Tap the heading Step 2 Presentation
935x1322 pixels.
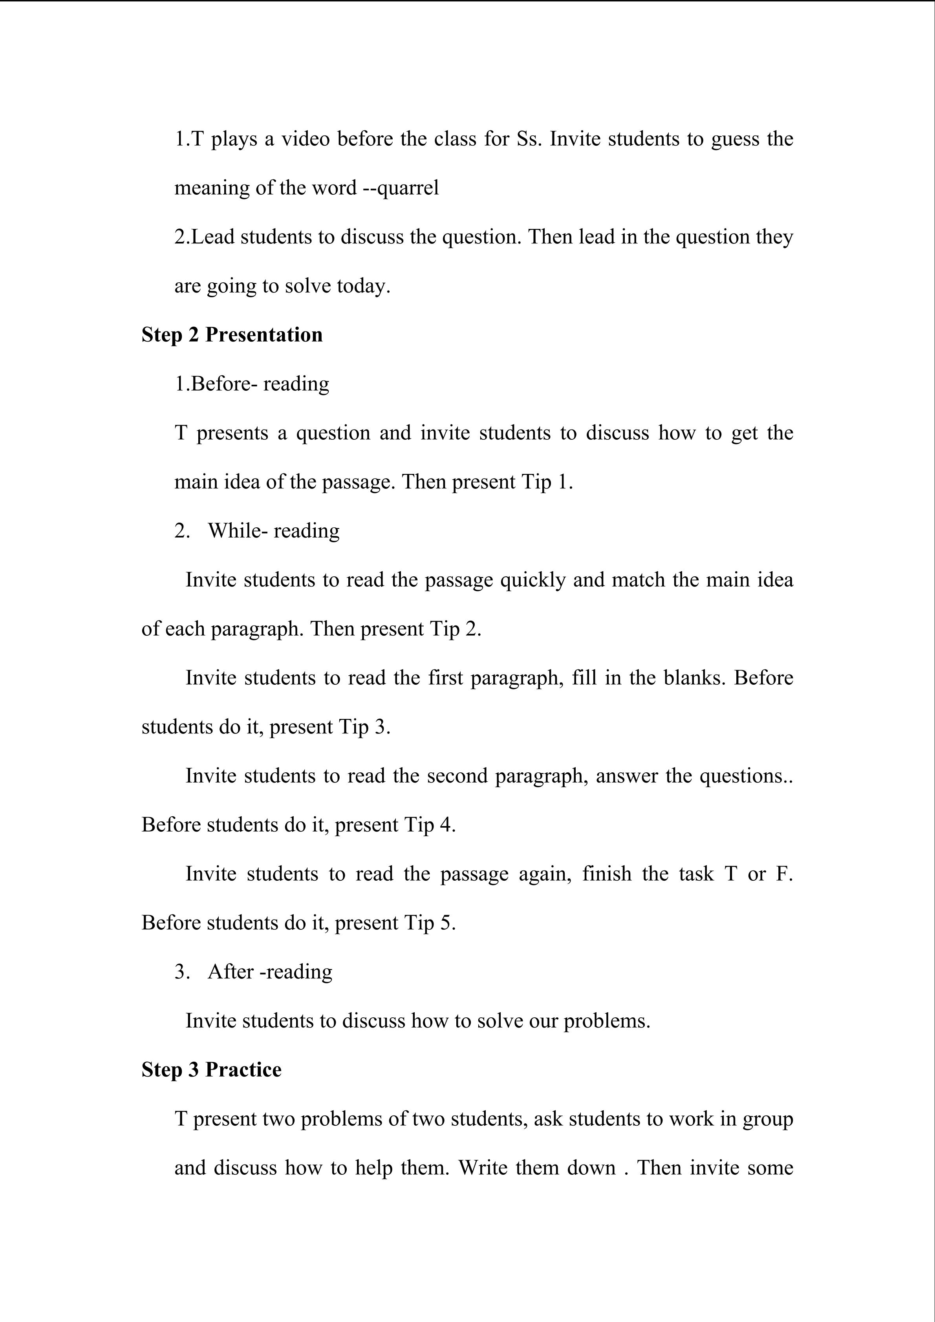232,335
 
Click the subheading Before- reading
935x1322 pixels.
260,384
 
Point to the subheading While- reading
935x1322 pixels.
273,531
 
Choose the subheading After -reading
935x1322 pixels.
270,972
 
